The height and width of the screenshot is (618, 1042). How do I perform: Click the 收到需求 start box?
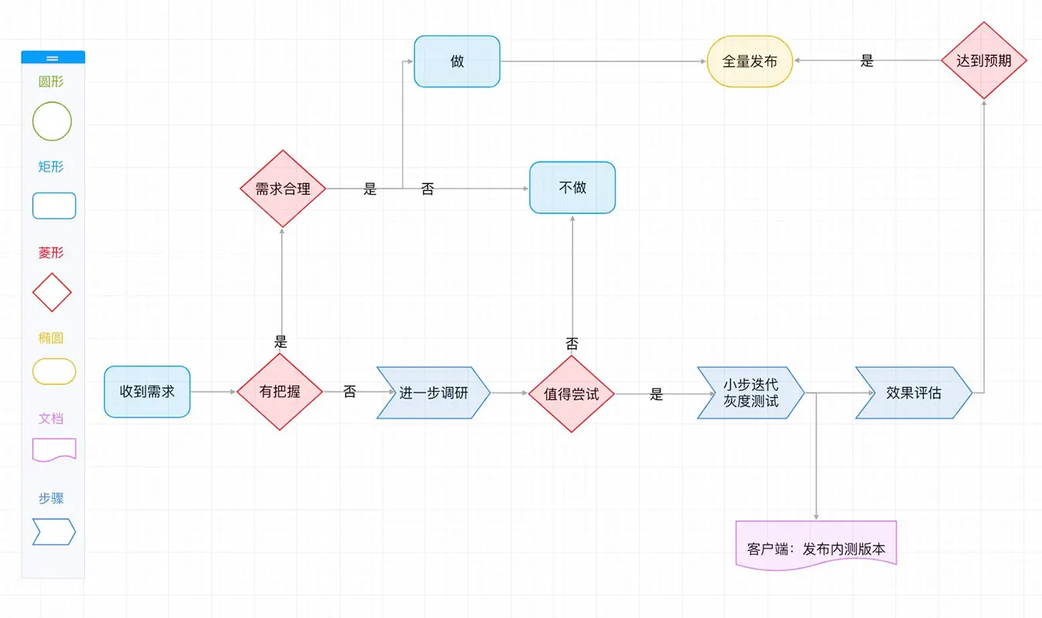147,392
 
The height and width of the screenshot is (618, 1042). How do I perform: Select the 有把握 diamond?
280,392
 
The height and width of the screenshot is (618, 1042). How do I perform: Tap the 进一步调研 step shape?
433,392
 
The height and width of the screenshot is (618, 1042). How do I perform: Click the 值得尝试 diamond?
571,394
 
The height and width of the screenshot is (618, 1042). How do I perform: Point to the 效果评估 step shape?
914,392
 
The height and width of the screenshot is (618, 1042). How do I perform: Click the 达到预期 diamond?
983,60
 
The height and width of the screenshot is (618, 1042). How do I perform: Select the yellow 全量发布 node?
749,61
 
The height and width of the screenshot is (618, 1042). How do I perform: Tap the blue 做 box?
457,61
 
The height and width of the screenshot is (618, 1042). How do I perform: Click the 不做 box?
572,187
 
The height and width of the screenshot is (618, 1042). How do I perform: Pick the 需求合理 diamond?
283,188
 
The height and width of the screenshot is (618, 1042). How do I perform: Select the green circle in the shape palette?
52,121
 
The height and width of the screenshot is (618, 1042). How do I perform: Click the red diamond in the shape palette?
52,292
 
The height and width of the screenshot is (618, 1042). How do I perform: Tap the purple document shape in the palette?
54,449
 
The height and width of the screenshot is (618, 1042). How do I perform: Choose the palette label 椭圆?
51,338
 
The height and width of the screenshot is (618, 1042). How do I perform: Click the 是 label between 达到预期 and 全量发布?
867,61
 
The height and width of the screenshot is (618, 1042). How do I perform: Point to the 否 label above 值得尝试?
572,344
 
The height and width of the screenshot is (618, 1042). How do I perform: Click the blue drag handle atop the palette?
53,57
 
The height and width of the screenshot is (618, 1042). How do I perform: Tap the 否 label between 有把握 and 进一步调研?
349,392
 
